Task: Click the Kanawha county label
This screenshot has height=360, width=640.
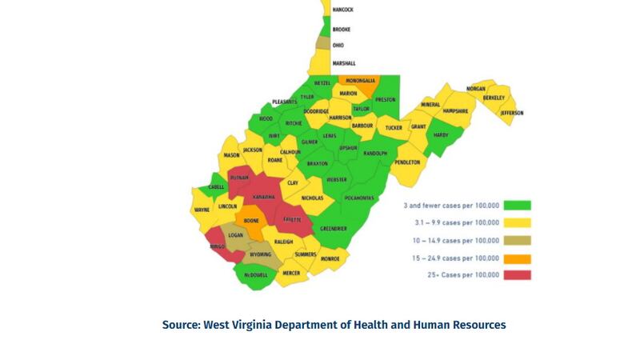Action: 263,197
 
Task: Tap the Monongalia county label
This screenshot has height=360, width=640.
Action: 361,81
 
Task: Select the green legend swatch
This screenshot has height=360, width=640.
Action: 517,205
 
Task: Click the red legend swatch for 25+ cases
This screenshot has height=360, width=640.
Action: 517,275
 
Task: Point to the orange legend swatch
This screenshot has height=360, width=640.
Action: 517,258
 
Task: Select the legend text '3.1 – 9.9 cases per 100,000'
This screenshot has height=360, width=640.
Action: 452,222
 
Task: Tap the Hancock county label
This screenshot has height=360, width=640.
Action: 343,10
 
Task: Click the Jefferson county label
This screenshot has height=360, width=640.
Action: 512,113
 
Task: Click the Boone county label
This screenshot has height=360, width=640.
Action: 252,220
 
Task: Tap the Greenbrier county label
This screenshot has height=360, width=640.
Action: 334,229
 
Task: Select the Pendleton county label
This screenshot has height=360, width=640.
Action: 406,162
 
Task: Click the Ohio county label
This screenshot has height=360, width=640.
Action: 338,46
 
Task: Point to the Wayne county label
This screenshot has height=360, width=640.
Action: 202,210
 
